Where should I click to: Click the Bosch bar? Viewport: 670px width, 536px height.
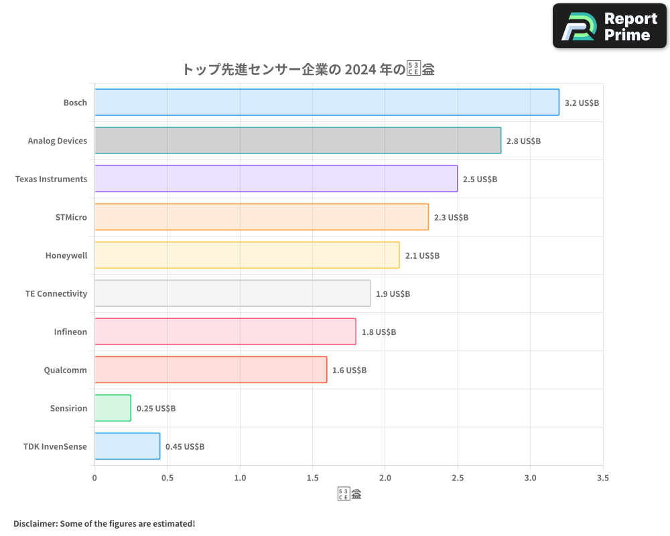pos(326,103)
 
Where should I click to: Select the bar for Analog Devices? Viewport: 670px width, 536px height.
pos(297,141)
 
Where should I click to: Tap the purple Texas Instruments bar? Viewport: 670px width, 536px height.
pos(275,179)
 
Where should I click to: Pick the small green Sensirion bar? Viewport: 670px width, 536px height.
pos(113,408)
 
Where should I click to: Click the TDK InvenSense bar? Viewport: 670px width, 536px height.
pos(127,446)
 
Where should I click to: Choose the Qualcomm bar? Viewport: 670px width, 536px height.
pos(210,370)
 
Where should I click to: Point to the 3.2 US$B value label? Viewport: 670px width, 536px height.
pos(582,103)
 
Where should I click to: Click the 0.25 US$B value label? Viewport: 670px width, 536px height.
pos(156,408)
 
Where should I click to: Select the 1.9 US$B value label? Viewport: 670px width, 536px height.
pos(393,293)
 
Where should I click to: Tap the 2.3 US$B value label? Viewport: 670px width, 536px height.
pos(451,217)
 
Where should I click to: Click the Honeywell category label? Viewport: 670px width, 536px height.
pos(66,255)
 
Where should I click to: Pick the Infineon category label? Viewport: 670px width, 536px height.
pos(70,332)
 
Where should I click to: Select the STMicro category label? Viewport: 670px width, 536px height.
pos(71,217)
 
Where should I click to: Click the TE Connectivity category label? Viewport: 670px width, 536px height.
pos(56,293)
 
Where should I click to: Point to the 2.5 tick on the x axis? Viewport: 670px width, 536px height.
pos(458,478)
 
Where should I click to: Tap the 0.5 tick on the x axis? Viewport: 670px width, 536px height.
pos(167,478)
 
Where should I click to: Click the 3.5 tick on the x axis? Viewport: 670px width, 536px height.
pos(602,478)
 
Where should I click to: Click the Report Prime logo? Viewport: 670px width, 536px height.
pos(609,25)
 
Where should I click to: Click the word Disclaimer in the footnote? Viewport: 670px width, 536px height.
pos(34,523)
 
